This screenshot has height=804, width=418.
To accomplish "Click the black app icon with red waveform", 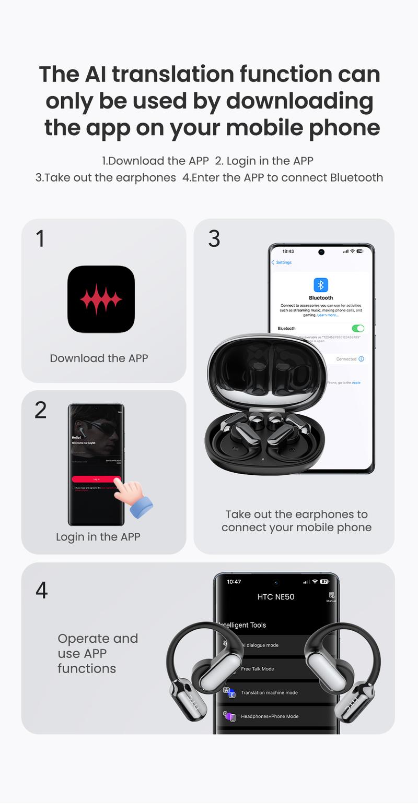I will pos(101,299).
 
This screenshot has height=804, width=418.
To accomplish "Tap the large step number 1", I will pos(40,238).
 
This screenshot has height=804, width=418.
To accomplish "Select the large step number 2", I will pos(41,410).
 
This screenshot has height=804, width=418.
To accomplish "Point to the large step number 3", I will pos(214,238).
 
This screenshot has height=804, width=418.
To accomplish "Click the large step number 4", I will pos(42,590).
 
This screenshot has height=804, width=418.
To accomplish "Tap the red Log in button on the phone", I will pos(96,479).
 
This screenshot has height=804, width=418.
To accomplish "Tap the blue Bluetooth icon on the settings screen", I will pos(321,285).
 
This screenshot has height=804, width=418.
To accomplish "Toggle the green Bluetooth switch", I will pos(358,328).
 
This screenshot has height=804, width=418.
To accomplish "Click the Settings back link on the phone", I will pos(282,262).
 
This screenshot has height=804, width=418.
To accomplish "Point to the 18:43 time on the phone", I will pos(288,251).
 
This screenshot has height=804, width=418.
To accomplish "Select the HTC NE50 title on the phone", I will pos(276,597).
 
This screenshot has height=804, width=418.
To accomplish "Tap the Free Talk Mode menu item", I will pos(257,669).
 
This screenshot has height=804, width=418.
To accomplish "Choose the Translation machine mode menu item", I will pos(269,693).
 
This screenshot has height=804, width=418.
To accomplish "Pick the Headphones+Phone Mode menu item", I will pos(270,716).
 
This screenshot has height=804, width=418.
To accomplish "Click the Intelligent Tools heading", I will pos(243,625).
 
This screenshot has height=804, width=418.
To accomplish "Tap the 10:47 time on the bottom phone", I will pos(234,582).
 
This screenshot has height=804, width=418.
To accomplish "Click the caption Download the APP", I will pos(99,358).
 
